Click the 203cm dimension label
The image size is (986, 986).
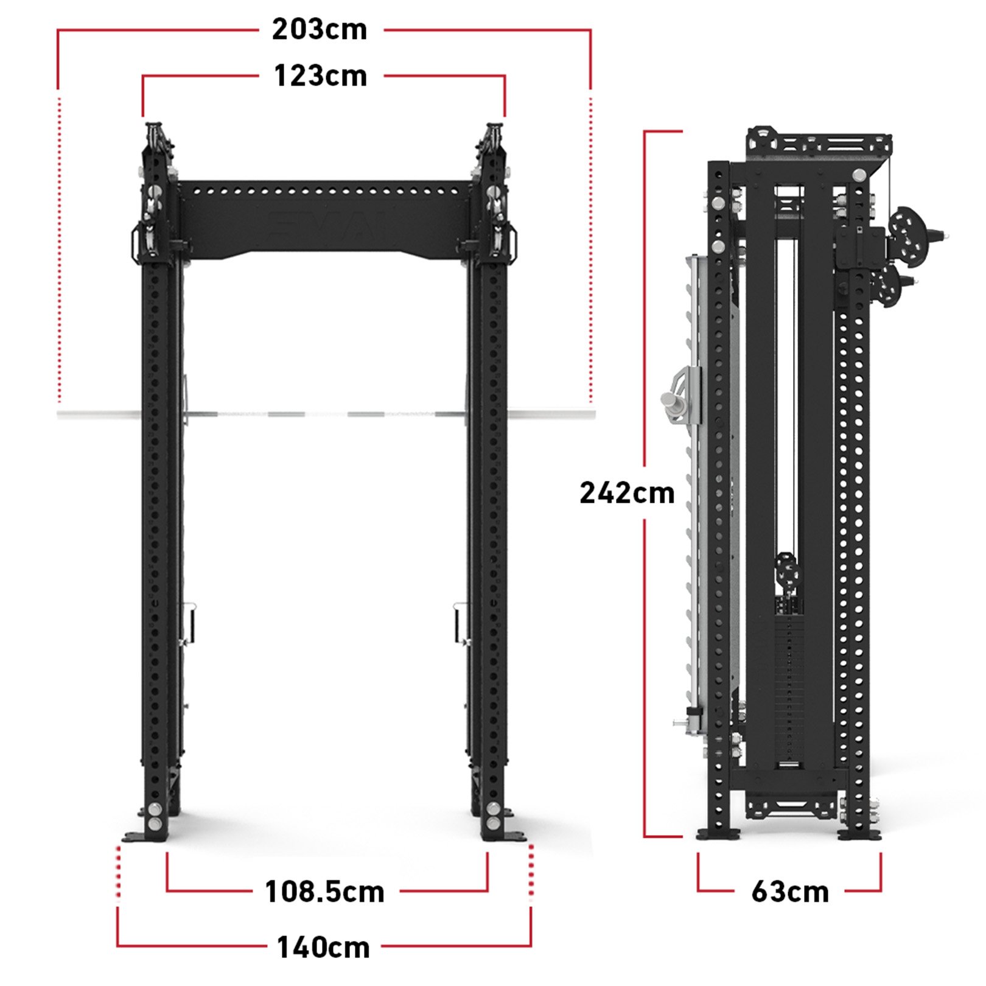pyautogui.click(x=320, y=29)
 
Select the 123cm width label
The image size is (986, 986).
pyautogui.click(x=321, y=76)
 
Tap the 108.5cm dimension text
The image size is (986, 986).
pyautogui.click(x=325, y=892)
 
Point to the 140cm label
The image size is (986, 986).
pyautogui.click(x=323, y=948)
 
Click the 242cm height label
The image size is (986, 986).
pyautogui.click(x=627, y=493)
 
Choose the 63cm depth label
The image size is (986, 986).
pyautogui.click(x=790, y=892)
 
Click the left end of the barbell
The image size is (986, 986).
pyautogui.click(x=59, y=414)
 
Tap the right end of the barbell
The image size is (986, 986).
pyautogui.click(x=593, y=414)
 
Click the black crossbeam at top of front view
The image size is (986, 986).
pyautogui.click(x=324, y=219)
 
